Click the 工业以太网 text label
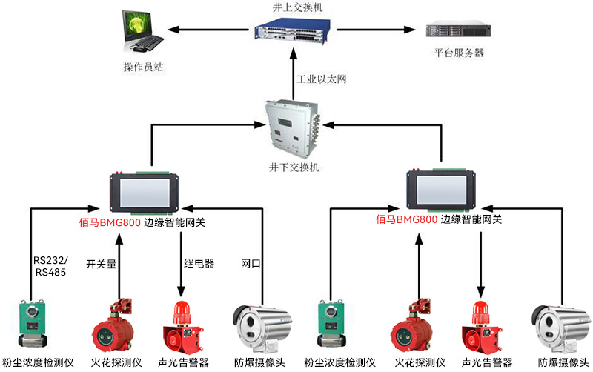tap(322, 79)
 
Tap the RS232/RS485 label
tap(50, 267)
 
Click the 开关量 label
tap(102, 263)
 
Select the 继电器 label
tap(199, 263)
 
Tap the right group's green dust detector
tap(333, 324)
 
